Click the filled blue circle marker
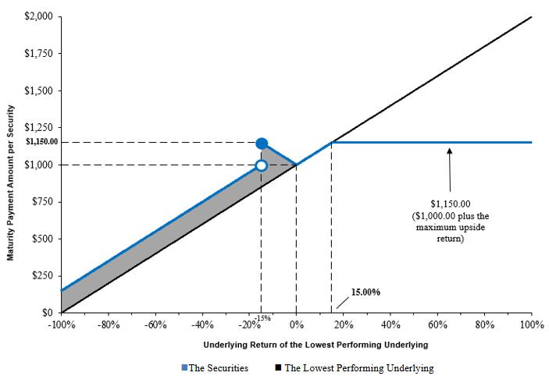click(262, 143)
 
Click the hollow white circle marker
click(262, 165)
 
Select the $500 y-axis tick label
click(41, 239)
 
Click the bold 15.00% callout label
click(365, 292)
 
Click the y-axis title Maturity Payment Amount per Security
click(12, 164)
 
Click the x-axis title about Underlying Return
click(296, 344)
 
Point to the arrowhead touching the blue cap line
click(450, 149)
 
